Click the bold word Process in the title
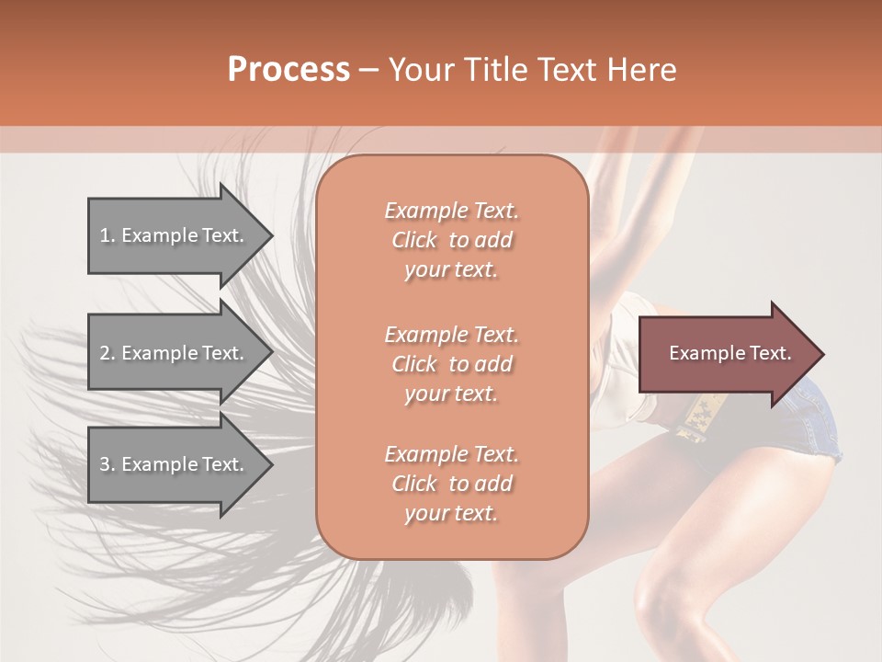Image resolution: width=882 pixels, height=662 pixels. [x=288, y=70]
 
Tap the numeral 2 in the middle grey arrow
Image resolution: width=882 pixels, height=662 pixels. [x=105, y=353]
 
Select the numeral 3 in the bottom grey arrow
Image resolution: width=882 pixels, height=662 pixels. [x=105, y=464]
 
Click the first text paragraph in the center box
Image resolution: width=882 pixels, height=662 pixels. [x=451, y=240]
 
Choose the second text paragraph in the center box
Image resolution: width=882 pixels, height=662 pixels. [x=451, y=364]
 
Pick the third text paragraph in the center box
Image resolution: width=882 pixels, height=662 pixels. [x=451, y=484]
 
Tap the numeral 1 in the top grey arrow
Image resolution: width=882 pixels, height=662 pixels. [x=104, y=235]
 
